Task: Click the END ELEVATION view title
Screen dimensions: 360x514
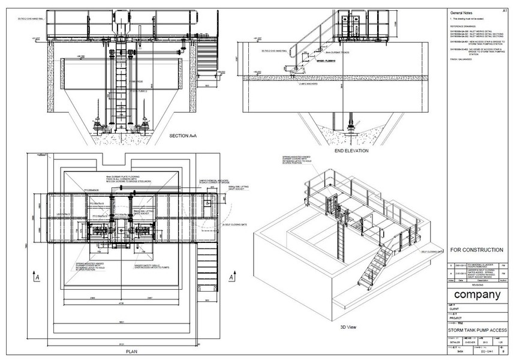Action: click(351, 151)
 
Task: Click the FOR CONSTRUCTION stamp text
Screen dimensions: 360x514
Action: click(476, 250)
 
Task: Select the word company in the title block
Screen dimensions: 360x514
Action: click(477, 295)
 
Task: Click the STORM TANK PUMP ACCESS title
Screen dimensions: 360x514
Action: click(477, 330)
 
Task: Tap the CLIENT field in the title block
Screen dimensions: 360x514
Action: click(456, 310)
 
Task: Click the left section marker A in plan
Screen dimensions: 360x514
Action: click(38, 278)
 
